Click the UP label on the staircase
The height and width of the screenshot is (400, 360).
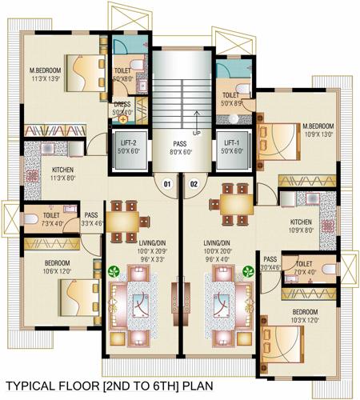(x=197, y=133)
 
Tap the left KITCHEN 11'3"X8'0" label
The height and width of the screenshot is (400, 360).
(x=64, y=174)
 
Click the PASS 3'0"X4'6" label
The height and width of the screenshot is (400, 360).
(x=270, y=264)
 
